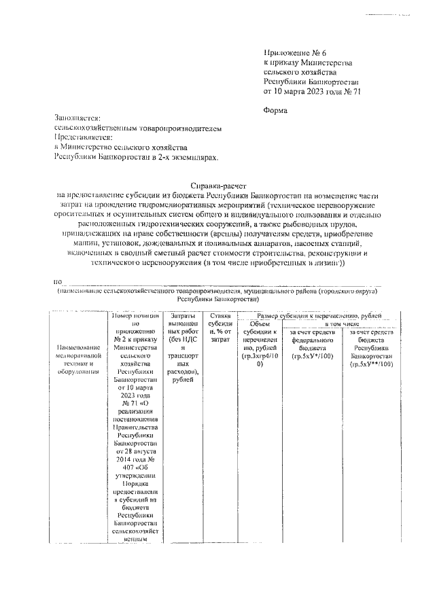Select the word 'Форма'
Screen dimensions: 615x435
pyautogui.click(x=275, y=110)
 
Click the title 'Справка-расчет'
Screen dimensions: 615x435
pyautogui.click(x=218, y=185)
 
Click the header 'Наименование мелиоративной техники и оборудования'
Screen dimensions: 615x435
pyautogui.click(x=75, y=359)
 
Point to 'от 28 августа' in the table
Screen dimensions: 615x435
pyautogui.click(x=136, y=451)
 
